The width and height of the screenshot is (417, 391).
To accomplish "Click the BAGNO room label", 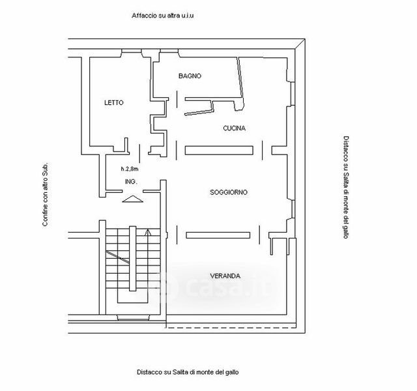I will point(190,76).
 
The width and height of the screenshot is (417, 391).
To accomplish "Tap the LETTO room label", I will point(113,103).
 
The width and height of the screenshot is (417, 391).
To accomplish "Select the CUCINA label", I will point(234,128).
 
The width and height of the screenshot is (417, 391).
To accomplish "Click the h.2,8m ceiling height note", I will point(130,169).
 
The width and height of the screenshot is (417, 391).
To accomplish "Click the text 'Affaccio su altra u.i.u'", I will point(163,15).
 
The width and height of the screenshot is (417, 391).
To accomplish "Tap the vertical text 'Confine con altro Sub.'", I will point(45,194).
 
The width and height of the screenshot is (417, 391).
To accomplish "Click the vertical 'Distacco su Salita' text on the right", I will point(346,188).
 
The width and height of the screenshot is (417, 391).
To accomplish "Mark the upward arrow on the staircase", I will point(149,232).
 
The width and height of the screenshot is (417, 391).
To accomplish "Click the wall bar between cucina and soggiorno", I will point(218,150).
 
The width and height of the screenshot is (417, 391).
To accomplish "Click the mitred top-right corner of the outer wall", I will point(301,45).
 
